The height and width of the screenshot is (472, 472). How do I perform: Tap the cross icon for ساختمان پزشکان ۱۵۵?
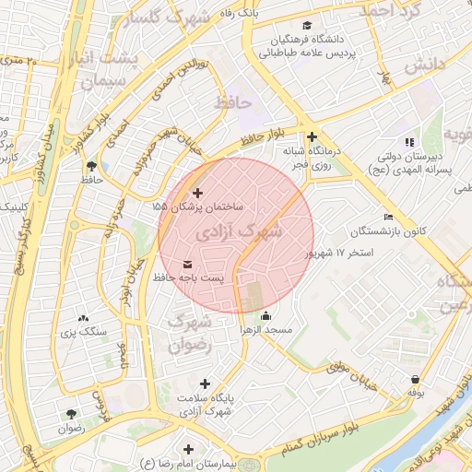tap(197, 193)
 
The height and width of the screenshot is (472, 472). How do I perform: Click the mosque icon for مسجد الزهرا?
tap(266, 317)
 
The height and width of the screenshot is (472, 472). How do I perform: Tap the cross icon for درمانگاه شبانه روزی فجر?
tap(312, 136)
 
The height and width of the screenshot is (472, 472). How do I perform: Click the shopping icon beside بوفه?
tap(416, 379)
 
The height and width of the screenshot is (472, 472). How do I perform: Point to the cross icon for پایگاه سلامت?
tap(205, 383)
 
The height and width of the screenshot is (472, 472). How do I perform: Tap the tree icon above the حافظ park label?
tap(91, 165)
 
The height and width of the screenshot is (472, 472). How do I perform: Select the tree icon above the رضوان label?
tap(71, 413)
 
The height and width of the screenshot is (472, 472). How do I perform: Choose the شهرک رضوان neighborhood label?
tap(189, 331)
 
